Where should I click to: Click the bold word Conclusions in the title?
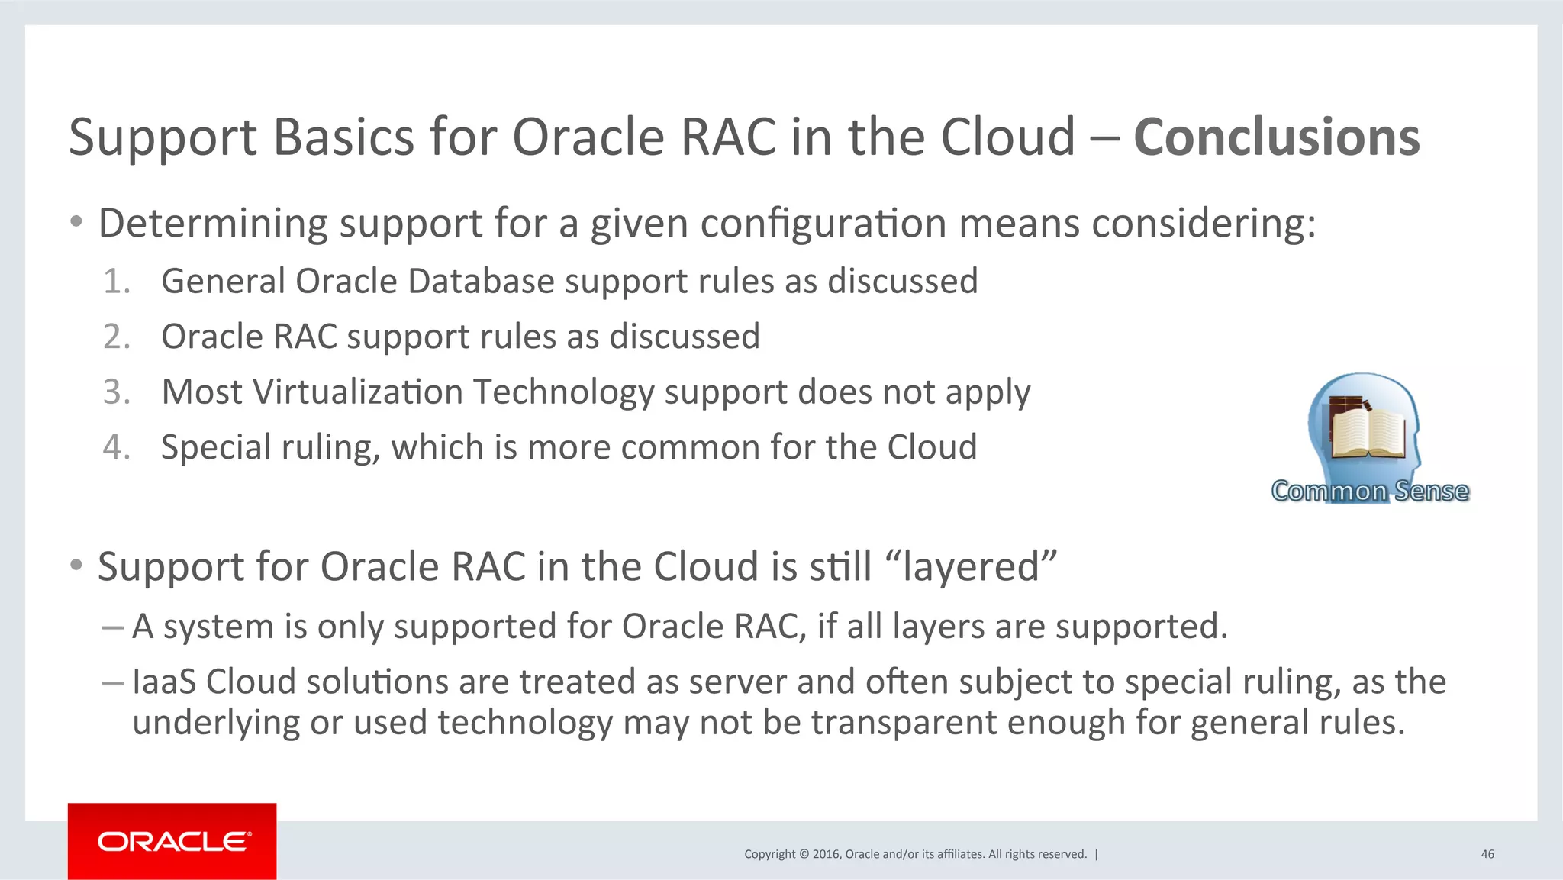pos(1276,138)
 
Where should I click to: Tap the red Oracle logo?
pos(172,841)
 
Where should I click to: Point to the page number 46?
pos(1487,854)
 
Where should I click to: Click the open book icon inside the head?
pos(1368,430)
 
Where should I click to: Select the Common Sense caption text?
pos(1370,491)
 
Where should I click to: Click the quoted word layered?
pos(971,567)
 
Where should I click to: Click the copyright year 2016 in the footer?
pos(826,854)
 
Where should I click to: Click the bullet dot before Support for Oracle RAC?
pos(76,566)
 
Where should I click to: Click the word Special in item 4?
pos(214,447)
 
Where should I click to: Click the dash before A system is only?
pos(112,627)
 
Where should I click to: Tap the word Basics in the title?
pos(342,138)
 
